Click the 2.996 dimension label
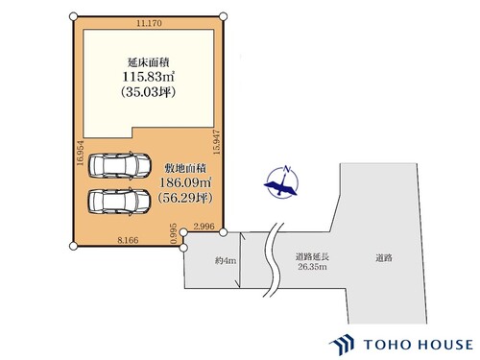point(204,227)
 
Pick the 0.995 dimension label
point(175,234)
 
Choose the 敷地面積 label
point(182,164)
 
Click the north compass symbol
point(281,181)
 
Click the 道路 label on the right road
point(384,257)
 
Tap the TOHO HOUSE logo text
point(416,345)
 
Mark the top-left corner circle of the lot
point(73,16)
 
